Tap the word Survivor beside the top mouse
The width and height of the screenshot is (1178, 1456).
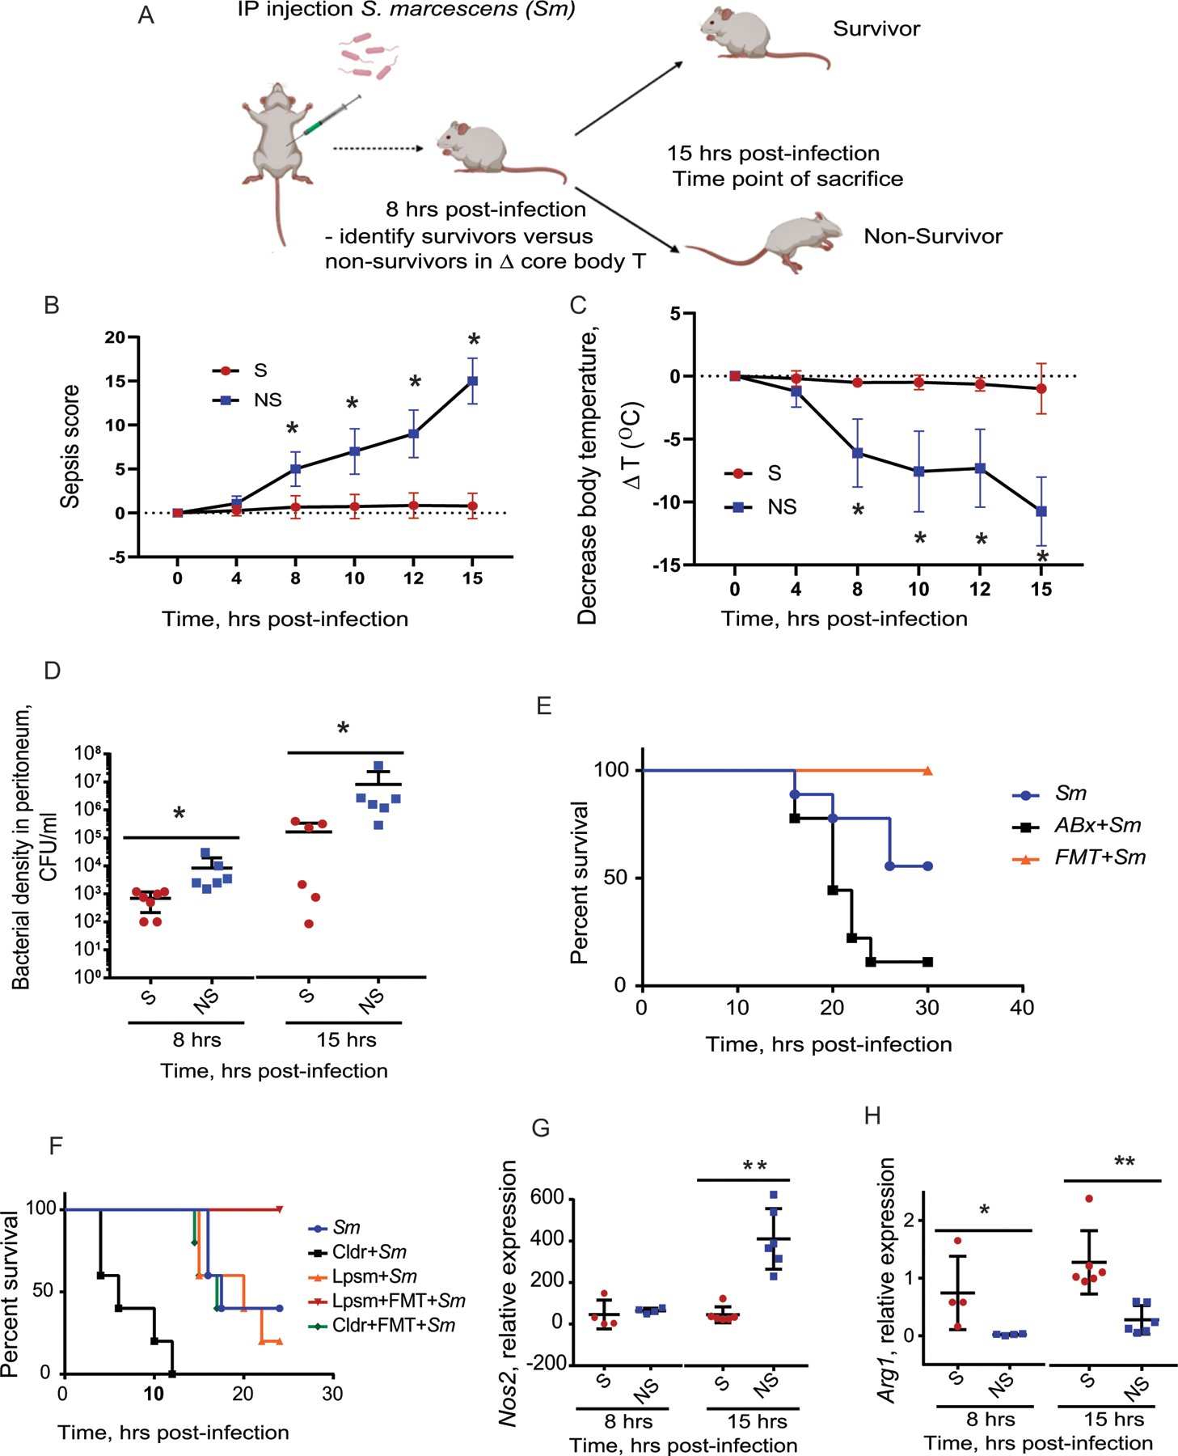coord(876,29)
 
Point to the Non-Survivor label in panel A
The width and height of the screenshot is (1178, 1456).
coord(932,236)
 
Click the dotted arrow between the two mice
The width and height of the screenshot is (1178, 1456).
coord(378,149)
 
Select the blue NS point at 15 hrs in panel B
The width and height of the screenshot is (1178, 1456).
coord(473,381)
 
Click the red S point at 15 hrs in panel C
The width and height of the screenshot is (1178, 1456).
coord(1041,389)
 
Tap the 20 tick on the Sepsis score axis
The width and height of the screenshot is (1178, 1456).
coord(115,337)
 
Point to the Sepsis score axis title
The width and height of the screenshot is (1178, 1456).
coord(71,446)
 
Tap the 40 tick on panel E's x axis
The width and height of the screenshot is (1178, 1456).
coord(1023,1008)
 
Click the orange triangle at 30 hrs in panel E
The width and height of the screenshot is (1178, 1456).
coord(927,771)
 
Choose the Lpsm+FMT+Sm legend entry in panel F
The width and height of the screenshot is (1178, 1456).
coord(386,1301)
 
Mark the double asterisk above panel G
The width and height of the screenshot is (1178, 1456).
coord(754,1166)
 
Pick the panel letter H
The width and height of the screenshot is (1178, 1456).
coord(872,1116)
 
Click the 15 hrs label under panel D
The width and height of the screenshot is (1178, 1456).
coord(346,1039)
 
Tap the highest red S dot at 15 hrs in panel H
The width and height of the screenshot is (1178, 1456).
coord(1089,1198)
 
